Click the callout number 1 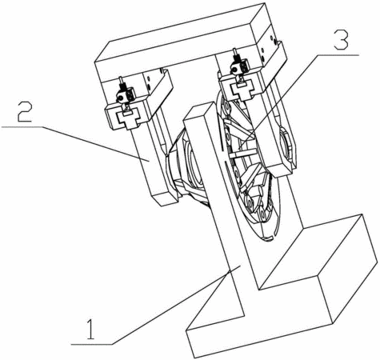point(91,330)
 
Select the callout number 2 point(25,112)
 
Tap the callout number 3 point(342,41)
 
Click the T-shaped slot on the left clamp point(127,118)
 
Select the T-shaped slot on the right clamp point(242,90)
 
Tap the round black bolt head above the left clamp point(121,98)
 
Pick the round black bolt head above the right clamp point(234,70)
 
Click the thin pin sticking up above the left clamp point(122,82)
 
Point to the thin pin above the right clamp point(235,54)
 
